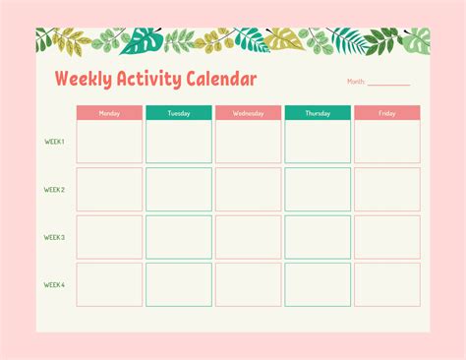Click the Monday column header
pyautogui.click(x=109, y=113)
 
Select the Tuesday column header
pyautogui.click(x=179, y=113)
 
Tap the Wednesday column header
pyautogui.click(x=248, y=113)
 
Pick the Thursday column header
pyautogui.click(x=318, y=113)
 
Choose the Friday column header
pyautogui.click(x=387, y=113)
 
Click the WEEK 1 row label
pyautogui.click(x=54, y=142)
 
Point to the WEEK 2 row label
pyautogui.click(x=54, y=190)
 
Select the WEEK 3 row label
pyautogui.click(x=54, y=237)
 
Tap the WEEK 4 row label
pyautogui.click(x=54, y=285)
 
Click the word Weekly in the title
pyautogui.click(x=82, y=79)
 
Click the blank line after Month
pyautogui.click(x=389, y=84)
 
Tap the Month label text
pyautogui.click(x=356, y=82)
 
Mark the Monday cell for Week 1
pyautogui.click(x=109, y=142)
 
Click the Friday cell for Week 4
pyautogui.click(x=387, y=284)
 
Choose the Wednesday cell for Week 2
pyautogui.click(x=248, y=189)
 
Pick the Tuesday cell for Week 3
pyautogui.click(x=179, y=237)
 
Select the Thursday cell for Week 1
pyautogui.click(x=318, y=142)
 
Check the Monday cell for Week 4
pyautogui.click(x=109, y=284)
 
